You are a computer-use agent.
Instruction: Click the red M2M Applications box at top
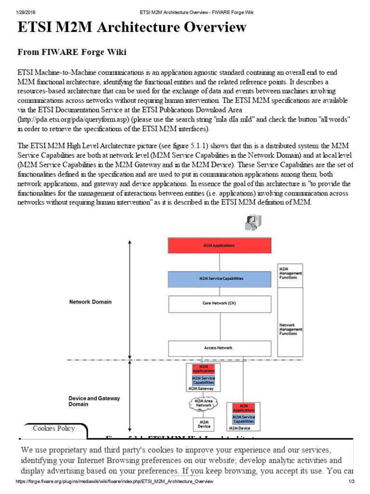pyautogui.click(x=219, y=246)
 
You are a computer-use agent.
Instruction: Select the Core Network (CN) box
pyautogui.click(x=219, y=303)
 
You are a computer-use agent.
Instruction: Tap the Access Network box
pyautogui.click(x=219, y=348)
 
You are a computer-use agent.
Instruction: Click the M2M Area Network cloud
pyautogui.click(x=203, y=403)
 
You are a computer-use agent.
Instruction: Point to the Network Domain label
pyautogui.click(x=90, y=302)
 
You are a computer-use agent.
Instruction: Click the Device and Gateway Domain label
pyautogui.click(x=94, y=401)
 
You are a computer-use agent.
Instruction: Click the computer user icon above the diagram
pyautogui.click(x=253, y=223)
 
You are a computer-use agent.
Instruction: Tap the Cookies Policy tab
pyautogui.click(x=54, y=428)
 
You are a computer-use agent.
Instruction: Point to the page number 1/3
pyautogui.click(x=351, y=481)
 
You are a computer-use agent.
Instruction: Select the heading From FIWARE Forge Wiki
pyautogui.click(x=72, y=52)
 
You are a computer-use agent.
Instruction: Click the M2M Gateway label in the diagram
pyautogui.click(x=203, y=388)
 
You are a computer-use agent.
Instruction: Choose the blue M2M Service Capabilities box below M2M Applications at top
pyautogui.click(x=219, y=279)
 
